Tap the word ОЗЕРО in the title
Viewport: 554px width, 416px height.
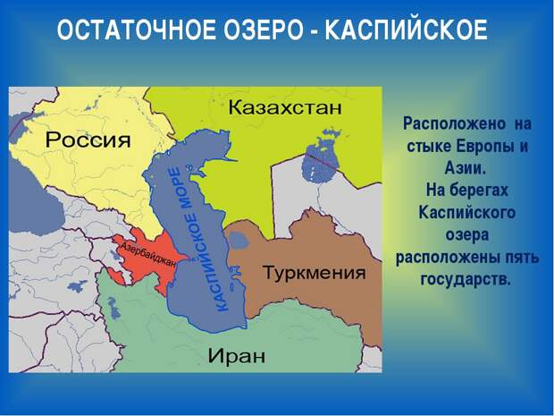click(264, 30)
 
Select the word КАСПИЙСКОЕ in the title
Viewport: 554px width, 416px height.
click(406, 30)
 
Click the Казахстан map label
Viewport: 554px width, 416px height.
click(285, 107)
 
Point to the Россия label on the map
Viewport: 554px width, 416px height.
click(88, 140)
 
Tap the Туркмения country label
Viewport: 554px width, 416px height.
click(315, 273)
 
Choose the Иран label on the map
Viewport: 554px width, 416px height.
click(237, 355)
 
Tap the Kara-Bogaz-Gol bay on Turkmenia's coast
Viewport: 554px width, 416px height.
click(239, 241)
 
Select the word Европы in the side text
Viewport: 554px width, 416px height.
click(483, 146)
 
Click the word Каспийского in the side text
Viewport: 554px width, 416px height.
click(466, 213)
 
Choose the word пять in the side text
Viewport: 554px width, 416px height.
click(522, 257)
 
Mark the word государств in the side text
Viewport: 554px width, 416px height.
click(466, 279)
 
